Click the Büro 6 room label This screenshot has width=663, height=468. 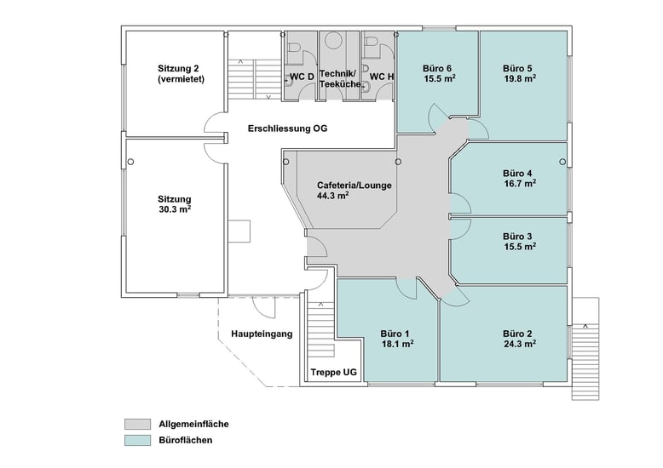tap(437, 68)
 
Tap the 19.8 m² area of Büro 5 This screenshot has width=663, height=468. tap(520, 78)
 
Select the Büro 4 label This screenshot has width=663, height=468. tap(517, 174)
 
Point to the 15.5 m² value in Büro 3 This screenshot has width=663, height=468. tap(520, 247)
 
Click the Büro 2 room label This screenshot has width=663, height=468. tap(517, 334)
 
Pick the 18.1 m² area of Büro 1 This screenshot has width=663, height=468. tap(397, 344)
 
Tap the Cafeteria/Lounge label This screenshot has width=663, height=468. tap(355, 185)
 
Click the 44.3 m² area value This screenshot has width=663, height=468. tap(332, 196)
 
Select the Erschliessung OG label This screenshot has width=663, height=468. tap(287, 128)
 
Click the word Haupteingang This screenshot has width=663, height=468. tap(262, 334)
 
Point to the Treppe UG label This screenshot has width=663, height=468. tap(333, 373)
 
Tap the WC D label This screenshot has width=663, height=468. tap(302, 77)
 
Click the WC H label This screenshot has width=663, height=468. tap(382, 77)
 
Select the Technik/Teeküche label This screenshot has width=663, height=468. tap(340, 79)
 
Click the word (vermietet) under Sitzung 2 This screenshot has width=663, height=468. tap(181, 79)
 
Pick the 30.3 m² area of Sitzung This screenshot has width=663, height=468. tap(175, 209)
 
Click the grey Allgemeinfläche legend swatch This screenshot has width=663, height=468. tap(137, 424)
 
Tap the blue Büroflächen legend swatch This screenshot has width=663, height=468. tap(137, 440)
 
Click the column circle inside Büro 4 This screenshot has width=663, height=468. tap(562, 162)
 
